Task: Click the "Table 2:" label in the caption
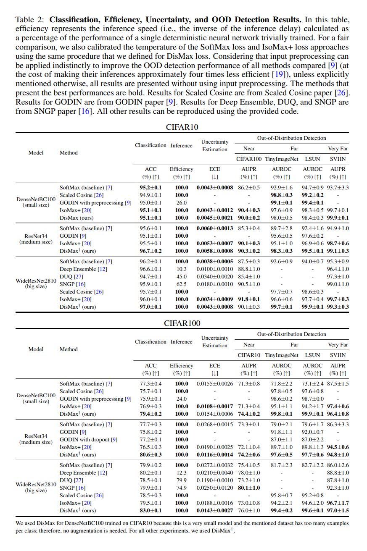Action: [31, 20]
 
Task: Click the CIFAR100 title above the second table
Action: [182, 323]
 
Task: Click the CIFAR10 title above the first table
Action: [182, 127]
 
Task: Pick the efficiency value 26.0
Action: [181, 203]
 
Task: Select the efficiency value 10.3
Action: [181, 269]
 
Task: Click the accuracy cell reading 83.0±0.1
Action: [150, 511]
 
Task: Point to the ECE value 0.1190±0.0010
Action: [214, 480]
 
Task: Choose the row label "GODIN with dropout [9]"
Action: [88, 439]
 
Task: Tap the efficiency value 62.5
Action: [181, 284]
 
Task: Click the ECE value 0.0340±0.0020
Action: [214, 276]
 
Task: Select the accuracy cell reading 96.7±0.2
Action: [150, 251]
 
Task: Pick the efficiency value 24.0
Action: [181, 399]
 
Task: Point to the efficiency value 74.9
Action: [181, 488]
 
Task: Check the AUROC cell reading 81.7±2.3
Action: [281, 465]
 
